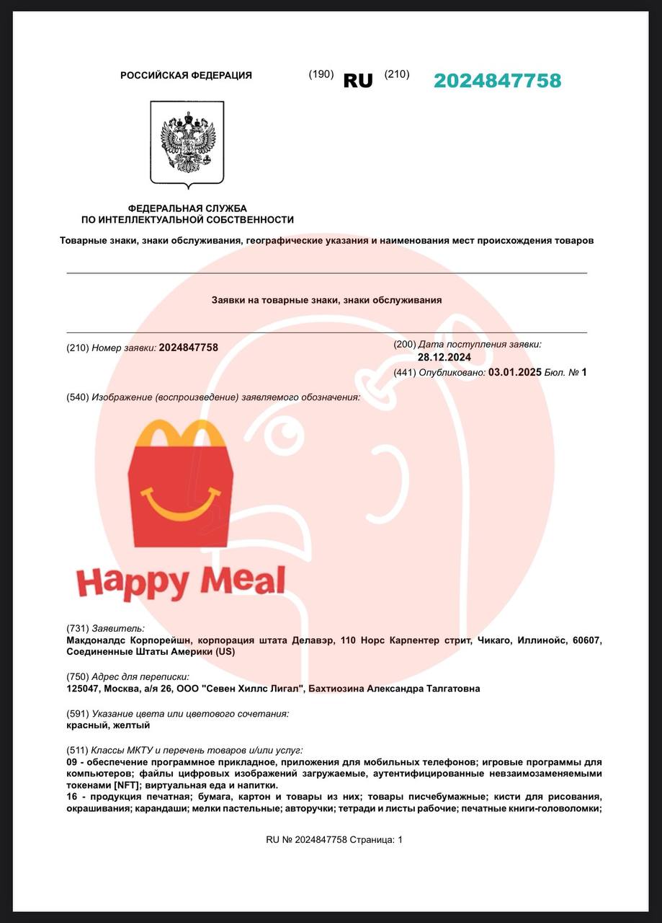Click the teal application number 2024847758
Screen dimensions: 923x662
497,81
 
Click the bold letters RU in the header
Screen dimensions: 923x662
358,81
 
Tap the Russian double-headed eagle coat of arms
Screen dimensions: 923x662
187,141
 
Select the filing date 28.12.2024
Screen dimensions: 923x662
444,357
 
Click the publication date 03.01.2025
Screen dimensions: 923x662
514,372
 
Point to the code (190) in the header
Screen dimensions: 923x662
321,74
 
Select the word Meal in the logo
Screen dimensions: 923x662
246,580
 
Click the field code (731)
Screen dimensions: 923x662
78,628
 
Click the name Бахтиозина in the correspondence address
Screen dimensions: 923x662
336,689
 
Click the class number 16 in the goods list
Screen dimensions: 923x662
72,797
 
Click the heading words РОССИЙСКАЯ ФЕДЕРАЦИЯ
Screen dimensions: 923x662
186,75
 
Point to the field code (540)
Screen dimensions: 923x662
78,397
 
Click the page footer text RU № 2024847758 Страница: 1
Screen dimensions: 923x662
334,839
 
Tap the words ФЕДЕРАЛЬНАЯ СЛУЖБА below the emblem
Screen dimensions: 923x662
187,208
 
